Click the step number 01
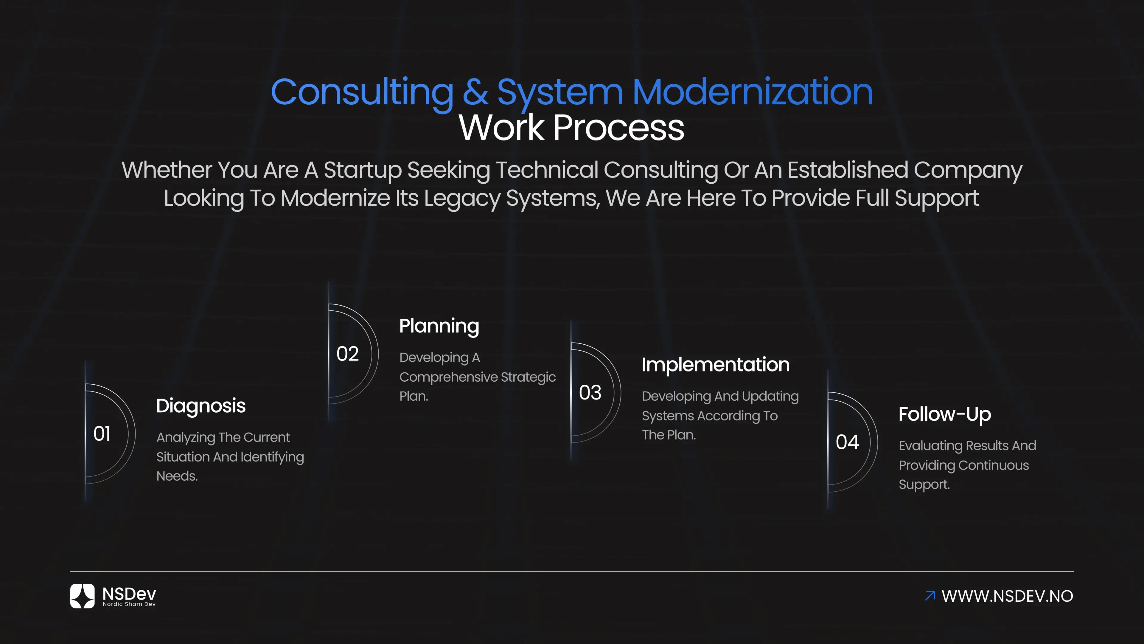102,434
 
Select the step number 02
347,354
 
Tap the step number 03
590,392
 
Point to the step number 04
847,442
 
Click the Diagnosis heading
201,406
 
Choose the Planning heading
439,326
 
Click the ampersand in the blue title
475,92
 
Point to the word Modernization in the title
752,92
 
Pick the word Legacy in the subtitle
462,198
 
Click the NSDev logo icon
83,596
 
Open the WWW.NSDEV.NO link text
1007,596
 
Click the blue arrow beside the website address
930,596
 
